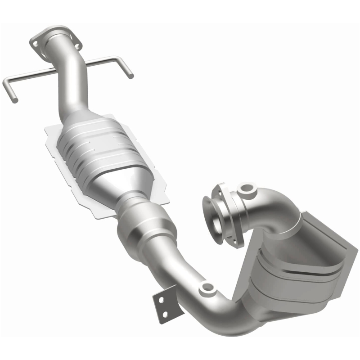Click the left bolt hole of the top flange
[x=34, y=43]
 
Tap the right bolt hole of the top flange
[x=77, y=46]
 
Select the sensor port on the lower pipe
[x=207, y=287]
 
